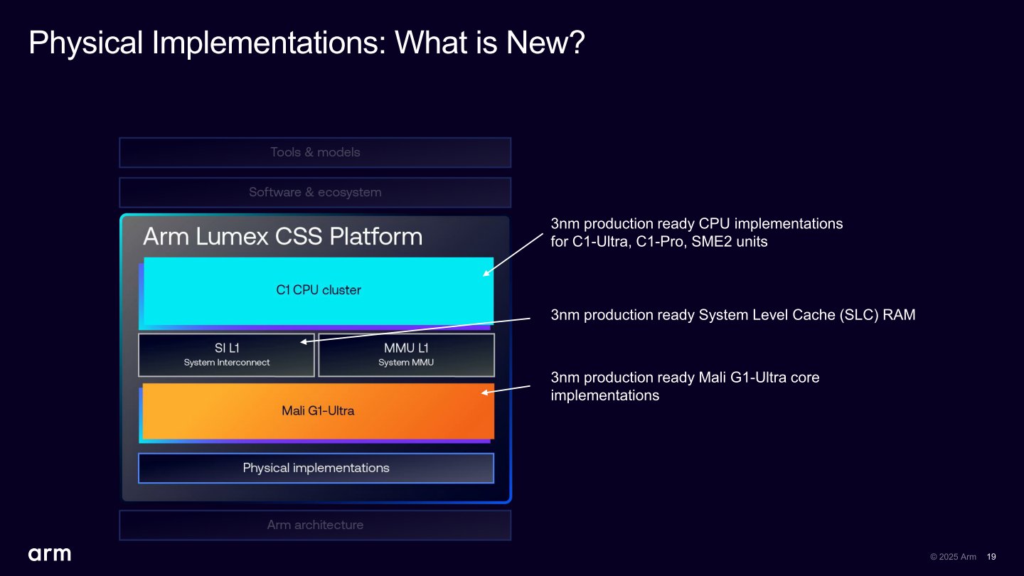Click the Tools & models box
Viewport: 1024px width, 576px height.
315,152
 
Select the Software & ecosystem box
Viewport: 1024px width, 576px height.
315,192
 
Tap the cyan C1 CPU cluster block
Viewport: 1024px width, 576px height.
318,290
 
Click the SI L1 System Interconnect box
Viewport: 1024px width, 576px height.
226,355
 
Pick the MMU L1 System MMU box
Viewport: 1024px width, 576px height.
406,355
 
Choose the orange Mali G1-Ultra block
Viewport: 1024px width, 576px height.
318,411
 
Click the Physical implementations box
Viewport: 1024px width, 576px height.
316,468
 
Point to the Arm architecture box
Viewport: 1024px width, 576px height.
315,525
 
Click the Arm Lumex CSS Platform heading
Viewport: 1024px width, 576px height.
282,236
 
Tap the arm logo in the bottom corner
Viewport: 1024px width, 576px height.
50,554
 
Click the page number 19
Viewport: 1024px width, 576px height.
991,557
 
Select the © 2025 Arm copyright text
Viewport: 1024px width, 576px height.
953,557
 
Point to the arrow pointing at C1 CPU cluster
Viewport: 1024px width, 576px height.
513,255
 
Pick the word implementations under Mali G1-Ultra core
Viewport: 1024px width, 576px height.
604,395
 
